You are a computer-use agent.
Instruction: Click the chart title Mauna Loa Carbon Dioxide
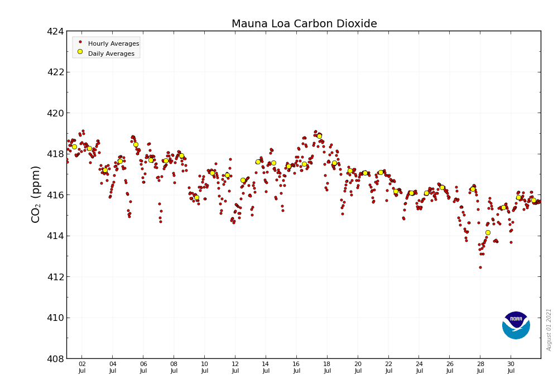click(304, 24)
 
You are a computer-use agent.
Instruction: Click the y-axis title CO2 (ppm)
click(36, 194)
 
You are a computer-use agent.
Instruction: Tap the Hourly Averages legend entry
click(113, 43)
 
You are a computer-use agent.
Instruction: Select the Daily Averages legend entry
click(111, 53)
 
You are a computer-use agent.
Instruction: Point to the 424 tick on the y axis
click(55, 31)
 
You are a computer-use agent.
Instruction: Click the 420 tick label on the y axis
click(55, 113)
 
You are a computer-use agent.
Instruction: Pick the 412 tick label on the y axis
click(55, 277)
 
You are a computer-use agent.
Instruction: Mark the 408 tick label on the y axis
click(55, 359)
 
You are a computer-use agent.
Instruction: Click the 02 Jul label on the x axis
click(82, 367)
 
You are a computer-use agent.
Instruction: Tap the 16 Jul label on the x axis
click(297, 367)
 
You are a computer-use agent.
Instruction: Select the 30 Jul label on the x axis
click(511, 367)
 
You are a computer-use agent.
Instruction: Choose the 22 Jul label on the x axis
click(389, 367)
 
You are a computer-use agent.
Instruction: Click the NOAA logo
click(516, 325)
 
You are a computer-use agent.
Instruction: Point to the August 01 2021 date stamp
click(549, 329)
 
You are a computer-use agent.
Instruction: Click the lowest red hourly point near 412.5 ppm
click(480, 267)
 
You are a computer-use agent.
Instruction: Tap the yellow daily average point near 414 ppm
click(488, 233)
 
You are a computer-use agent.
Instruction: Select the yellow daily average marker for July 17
click(319, 136)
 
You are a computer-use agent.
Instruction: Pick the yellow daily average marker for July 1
click(74, 147)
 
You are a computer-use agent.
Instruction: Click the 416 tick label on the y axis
click(55, 195)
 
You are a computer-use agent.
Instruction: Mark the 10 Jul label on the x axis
click(205, 367)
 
